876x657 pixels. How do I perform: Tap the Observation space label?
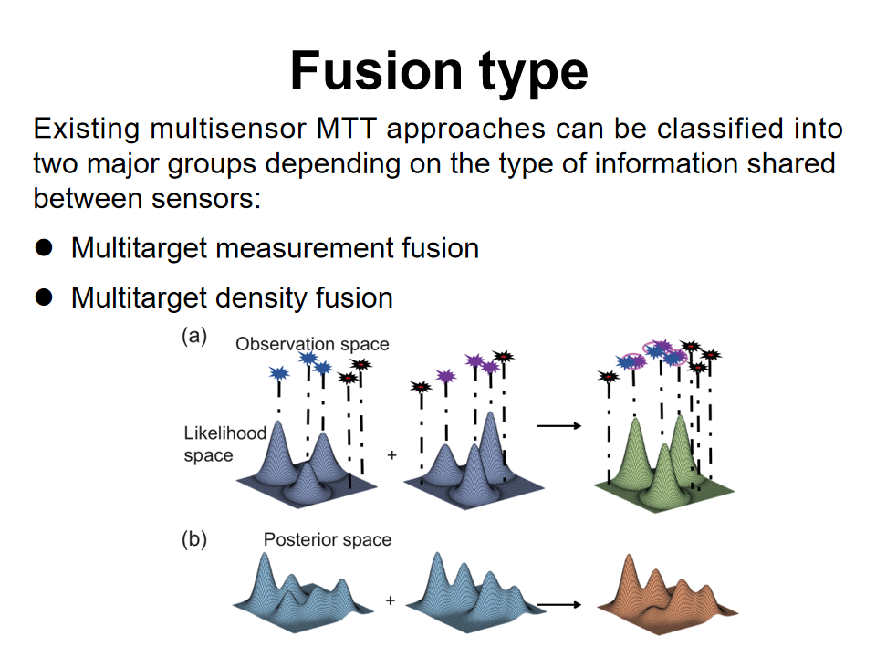click(x=312, y=344)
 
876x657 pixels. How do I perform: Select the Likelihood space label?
click(x=224, y=444)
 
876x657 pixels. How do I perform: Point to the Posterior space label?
click(x=328, y=539)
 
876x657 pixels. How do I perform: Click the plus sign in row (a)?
click(x=392, y=454)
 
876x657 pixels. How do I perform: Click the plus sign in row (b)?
click(x=391, y=601)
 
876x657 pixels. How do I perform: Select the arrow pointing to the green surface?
click(x=559, y=425)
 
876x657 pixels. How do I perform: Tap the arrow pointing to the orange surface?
click(x=559, y=603)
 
